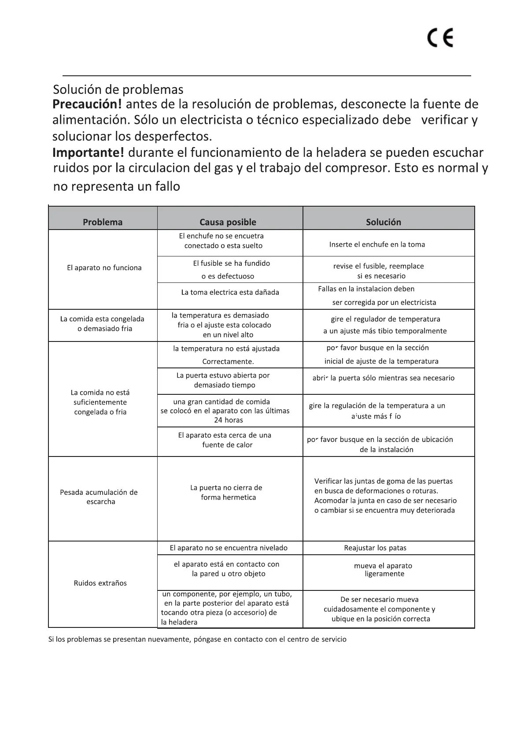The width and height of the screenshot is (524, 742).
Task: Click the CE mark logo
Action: point(440,38)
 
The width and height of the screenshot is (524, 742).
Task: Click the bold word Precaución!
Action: point(87,104)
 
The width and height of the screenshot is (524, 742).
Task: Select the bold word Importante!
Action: point(88,152)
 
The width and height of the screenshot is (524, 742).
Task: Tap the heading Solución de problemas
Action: point(118,89)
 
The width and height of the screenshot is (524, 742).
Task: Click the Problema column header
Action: point(103,222)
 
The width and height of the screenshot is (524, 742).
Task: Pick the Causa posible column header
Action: point(228,222)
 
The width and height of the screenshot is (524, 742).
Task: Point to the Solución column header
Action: point(384,222)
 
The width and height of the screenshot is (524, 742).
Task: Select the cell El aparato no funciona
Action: point(104,268)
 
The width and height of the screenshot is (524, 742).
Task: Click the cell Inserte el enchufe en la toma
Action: point(377,245)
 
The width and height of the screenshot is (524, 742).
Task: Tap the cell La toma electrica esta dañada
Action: point(230,292)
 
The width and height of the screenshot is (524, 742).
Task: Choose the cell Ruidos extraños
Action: point(100,583)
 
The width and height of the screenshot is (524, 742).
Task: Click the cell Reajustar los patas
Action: point(375,548)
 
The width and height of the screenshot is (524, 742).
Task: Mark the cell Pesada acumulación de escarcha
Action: point(99,497)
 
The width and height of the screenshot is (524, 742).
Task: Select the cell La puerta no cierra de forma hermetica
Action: point(227,493)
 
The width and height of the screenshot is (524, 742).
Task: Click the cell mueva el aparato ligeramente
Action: point(384,570)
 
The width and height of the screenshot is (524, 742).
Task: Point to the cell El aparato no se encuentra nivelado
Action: point(229,548)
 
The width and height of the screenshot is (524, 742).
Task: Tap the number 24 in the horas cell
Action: point(218,420)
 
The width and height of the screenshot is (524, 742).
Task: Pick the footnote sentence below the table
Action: point(197,639)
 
